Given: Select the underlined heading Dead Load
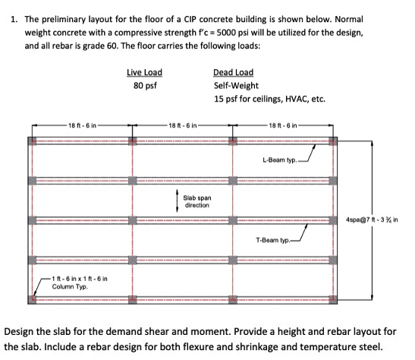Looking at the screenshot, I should point(233,72).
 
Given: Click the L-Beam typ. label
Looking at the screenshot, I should point(279,160).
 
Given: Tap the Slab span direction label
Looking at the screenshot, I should point(197,202).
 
